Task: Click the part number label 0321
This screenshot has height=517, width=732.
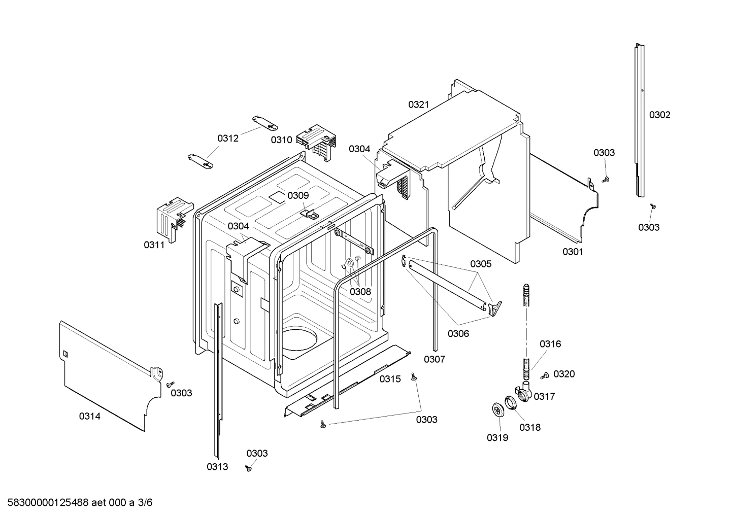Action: [418, 105]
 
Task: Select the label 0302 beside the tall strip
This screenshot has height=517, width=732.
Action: [659, 115]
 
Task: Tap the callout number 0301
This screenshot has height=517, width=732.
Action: [573, 252]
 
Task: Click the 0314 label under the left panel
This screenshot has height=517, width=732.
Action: [89, 417]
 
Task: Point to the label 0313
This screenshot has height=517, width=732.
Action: [217, 467]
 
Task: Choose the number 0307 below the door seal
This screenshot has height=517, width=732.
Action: [435, 360]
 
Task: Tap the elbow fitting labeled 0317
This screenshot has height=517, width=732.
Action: [524, 393]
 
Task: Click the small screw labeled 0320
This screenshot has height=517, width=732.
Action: [545, 375]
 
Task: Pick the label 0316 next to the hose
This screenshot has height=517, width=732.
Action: [550, 344]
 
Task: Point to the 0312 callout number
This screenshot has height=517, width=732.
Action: [228, 139]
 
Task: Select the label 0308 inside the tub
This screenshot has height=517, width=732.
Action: [360, 292]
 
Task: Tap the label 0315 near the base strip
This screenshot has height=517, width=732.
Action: [390, 379]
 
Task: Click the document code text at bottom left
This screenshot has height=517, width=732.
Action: [76, 503]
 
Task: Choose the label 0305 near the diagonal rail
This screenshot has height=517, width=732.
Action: [480, 264]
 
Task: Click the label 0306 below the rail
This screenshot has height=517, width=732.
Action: [458, 334]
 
